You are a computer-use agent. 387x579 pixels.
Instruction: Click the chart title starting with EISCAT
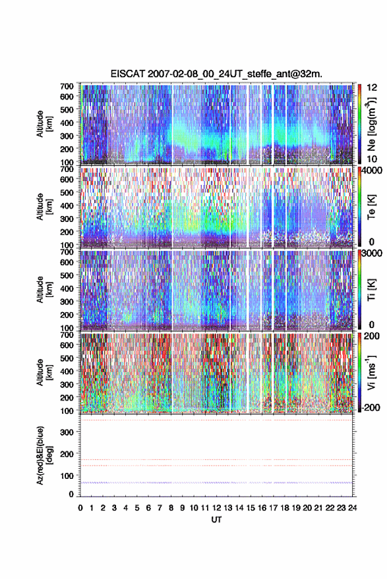pos(216,74)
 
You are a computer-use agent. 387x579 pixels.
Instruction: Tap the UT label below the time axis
pos(216,520)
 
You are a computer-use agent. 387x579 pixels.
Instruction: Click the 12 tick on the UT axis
pos(216,508)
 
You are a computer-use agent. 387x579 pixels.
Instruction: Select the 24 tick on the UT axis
pos(352,508)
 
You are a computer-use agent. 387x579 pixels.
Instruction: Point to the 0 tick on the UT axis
pos(80,508)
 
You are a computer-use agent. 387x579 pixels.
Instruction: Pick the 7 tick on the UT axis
pos(160,508)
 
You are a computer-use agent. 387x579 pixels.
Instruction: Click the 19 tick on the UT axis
pos(296,508)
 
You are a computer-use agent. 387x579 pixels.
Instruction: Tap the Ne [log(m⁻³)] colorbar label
pos(371,124)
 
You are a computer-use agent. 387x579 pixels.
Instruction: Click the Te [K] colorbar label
pos(371,207)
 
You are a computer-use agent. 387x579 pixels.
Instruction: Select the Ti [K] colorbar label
pos(371,290)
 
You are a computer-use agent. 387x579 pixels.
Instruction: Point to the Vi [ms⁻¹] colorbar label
pos(371,372)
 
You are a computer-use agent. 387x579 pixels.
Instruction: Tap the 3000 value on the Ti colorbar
pos(371,253)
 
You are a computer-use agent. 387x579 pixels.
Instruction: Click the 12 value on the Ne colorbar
pos(372,88)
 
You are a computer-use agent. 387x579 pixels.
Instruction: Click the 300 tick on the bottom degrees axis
pos(67,432)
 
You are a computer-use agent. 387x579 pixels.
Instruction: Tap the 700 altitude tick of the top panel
pos(67,86)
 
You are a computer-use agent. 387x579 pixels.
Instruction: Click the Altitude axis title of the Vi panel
pos(44,372)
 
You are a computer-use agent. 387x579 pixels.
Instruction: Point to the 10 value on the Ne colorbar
pos(372,159)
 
